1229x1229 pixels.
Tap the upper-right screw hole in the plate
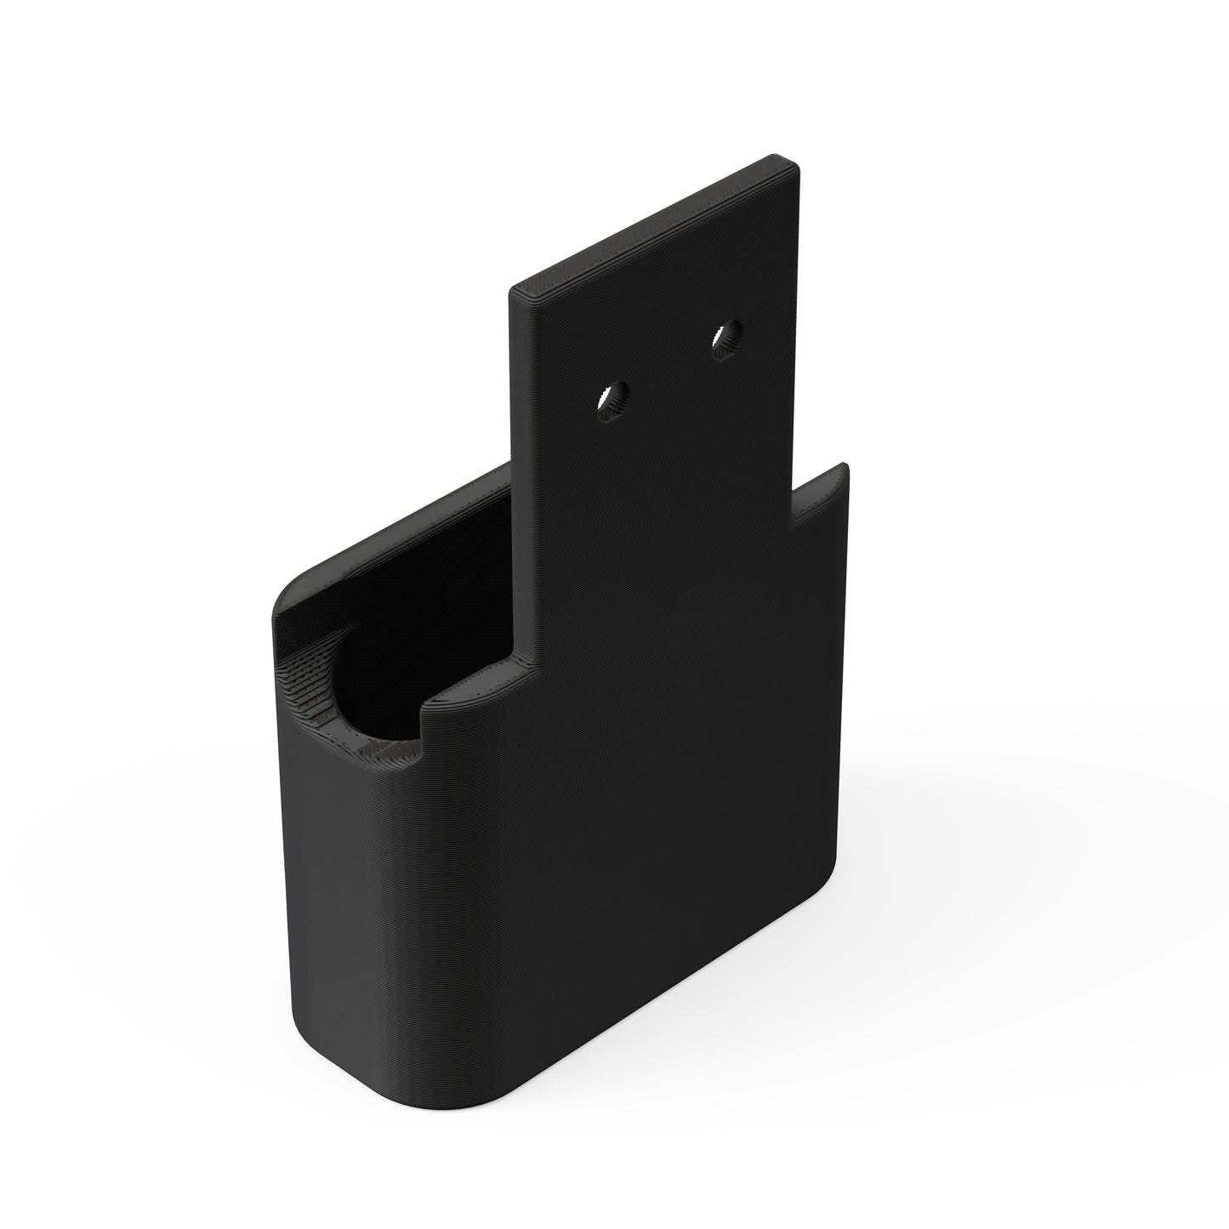726,339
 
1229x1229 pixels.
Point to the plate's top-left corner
511,292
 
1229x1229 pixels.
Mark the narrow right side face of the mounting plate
797,323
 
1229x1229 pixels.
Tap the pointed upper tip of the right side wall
845,466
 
